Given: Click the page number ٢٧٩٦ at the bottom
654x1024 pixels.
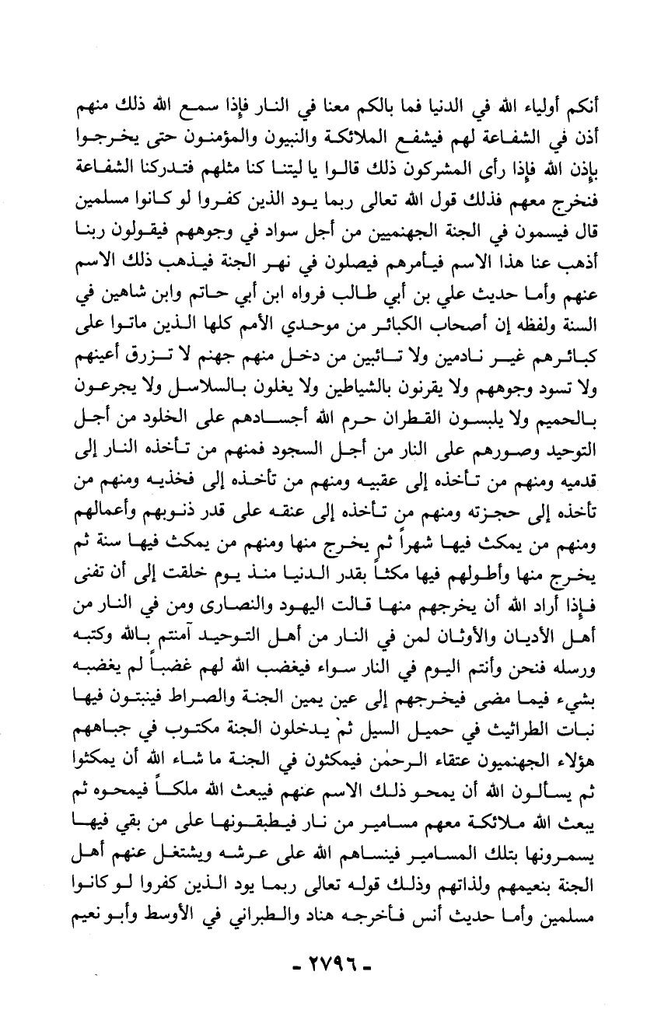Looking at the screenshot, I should [x=326, y=971].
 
